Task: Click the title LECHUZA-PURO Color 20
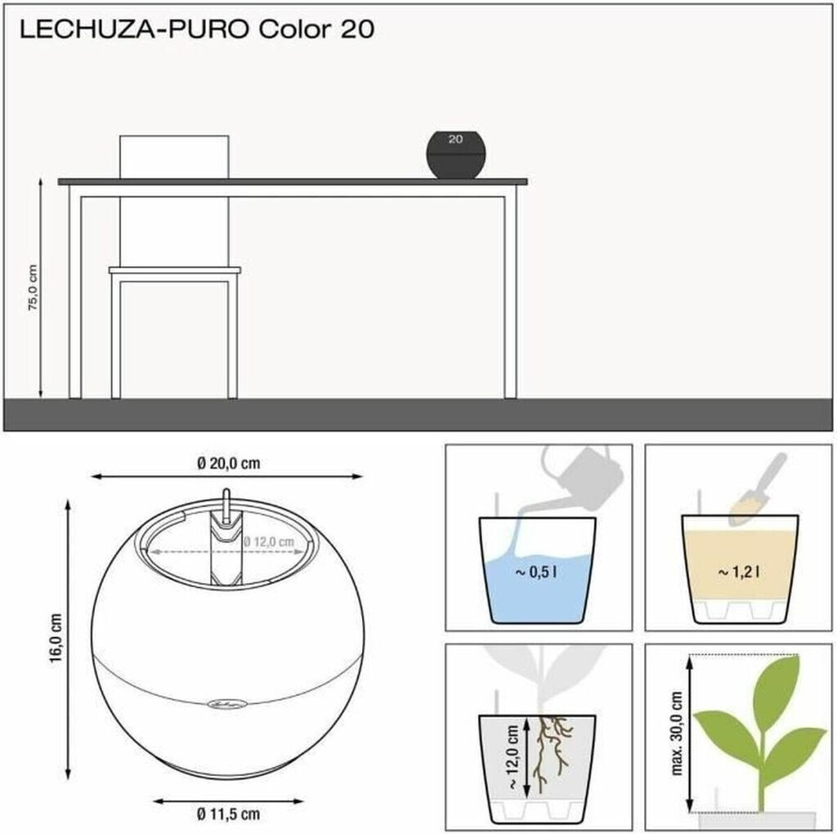pos(197,29)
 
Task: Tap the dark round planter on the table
pos(456,154)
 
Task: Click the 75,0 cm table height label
pos(33,288)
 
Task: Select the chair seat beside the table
pos(175,270)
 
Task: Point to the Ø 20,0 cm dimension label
pos(229,463)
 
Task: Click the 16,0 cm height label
pos(56,638)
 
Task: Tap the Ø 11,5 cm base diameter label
pos(228,814)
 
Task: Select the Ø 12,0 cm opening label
pos(269,542)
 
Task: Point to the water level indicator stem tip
pos(226,490)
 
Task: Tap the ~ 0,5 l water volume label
pos(536,573)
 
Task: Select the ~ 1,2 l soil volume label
pos(739,573)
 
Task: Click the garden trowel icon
pos(758,490)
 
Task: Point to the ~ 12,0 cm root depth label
pos(512,757)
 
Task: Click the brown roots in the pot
pos(550,753)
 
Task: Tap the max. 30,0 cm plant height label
pos(676,734)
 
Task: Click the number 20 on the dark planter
pos(455,139)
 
